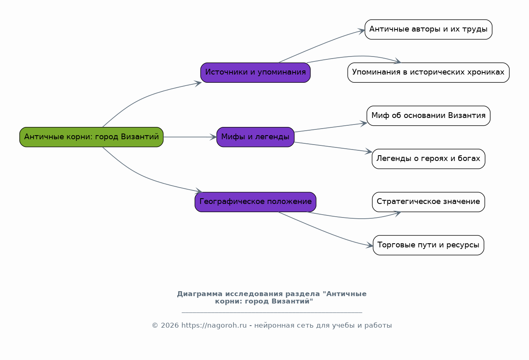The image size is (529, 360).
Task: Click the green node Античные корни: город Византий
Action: (x=91, y=137)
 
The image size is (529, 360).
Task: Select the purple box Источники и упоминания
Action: (x=255, y=72)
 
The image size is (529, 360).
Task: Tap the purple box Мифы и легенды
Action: (x=255, y=137)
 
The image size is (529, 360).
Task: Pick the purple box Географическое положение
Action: (x=255, y=202)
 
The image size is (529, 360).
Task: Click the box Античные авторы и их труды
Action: (x=428, y=29)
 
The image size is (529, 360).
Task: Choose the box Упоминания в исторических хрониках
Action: (x=428, y=72)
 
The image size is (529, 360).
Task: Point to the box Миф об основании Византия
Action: (x=428, y=116)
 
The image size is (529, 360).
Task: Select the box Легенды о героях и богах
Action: (x=428, y=159)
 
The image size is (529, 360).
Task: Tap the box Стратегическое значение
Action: (x=428, y=202)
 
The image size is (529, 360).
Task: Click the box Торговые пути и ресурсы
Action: (x=428, y=245)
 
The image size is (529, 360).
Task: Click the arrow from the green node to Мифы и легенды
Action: (x=190, y=137)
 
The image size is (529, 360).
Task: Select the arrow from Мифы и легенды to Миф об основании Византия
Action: (x=331, y=127)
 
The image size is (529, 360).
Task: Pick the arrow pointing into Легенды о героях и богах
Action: (x=333, y=147)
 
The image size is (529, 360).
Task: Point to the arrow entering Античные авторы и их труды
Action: (x=321, y=45)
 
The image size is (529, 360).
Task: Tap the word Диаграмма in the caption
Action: (x=199, y=294)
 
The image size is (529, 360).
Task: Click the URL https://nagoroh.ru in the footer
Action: (x=214, y=326)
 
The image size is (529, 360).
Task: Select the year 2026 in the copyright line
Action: (x=170, y=326)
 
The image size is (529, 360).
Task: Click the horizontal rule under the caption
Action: (x=272, y=312)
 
